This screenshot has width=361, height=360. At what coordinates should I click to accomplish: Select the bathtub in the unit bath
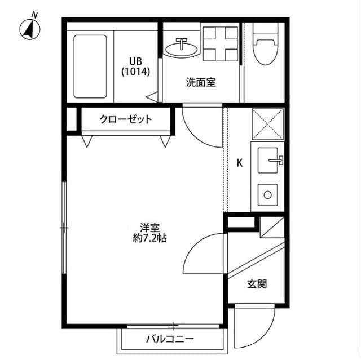[x=90, y=66]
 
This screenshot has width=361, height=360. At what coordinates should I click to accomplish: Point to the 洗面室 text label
[x=201, y=82]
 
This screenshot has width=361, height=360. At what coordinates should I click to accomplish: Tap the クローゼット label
[x=125, y=119]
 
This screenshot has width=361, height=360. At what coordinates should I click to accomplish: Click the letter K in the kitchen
[x=239, y=163]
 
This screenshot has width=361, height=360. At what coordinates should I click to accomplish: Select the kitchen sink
[x=269, y=161]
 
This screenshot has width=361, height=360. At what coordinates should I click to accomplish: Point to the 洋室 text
[x=149, y=228]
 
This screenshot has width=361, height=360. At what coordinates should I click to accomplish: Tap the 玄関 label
[x=256, y=284]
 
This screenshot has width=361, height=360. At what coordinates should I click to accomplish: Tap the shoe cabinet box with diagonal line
[x=268, y=228]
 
